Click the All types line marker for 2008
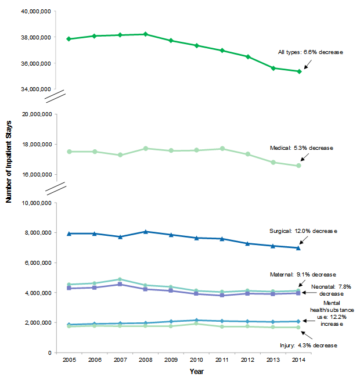[146, 34]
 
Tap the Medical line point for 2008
[146, 149]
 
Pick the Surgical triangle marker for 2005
[69, 233]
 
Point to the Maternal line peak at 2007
[120, 279]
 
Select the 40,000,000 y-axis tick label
[37, 12]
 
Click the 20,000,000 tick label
[37, 114]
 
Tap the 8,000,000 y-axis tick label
[38, 233]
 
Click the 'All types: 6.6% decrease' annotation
[311, 52]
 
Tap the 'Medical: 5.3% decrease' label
[302, 148]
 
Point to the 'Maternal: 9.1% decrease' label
[304, 274]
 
